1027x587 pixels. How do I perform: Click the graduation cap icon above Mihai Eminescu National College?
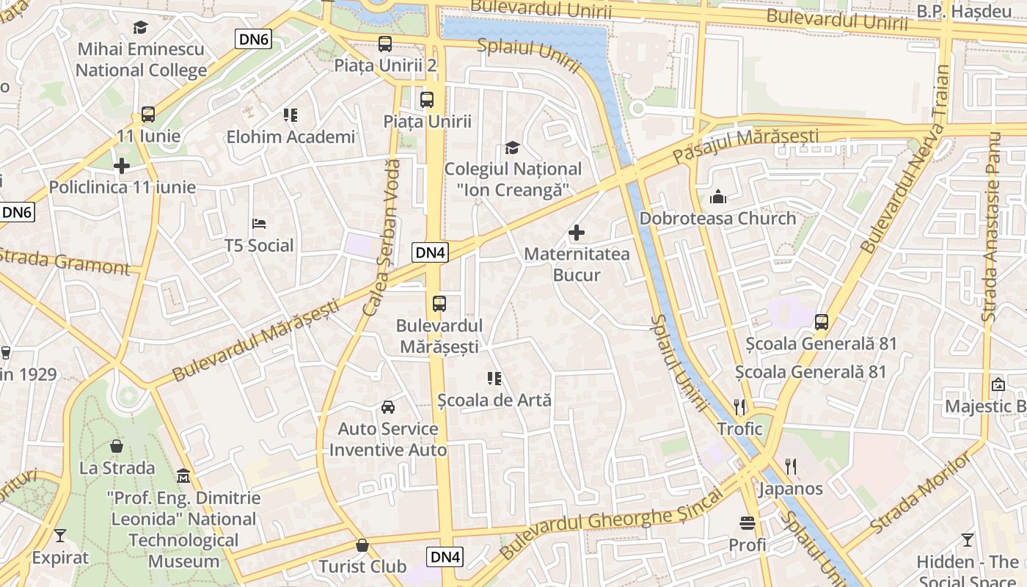click(x=140, y=28)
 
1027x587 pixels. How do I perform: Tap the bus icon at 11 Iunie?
click(x=147, y=114)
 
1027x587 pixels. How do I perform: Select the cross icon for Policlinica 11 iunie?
click(x=122, y=166)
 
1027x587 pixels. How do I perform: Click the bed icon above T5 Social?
click(x=258, y=224)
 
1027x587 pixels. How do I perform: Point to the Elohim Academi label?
click(x=290, y=136)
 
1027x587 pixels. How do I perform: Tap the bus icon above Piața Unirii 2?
click(x=385, y=44)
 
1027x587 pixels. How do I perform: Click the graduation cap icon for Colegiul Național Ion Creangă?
click(x=512, y=147)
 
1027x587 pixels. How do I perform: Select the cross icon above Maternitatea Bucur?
click(x=577, y=233)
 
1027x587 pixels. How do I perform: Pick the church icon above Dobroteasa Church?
click(x=717, y=197)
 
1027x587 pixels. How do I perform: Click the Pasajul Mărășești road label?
click(x=745, y=145)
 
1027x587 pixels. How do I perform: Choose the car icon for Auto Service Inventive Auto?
click(x=387, y=407)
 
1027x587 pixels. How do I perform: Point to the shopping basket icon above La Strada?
click(x=117, y=446)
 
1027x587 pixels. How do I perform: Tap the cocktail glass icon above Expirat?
click(x=60, y=536)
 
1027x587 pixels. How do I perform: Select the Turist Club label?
click(x=362, y=566)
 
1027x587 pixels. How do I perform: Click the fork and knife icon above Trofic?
click(x=739, y=406)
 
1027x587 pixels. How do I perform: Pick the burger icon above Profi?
click(x=748, y=523)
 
